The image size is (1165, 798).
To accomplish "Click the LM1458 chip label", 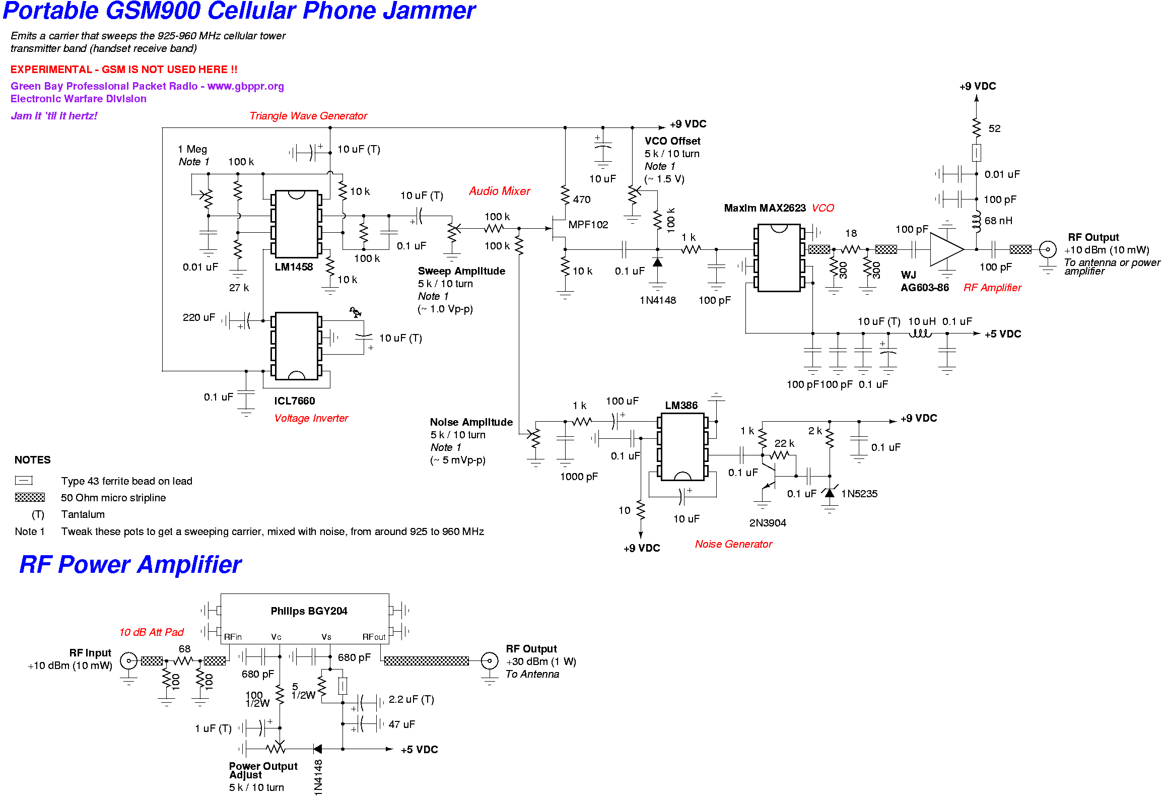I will coord(294,267).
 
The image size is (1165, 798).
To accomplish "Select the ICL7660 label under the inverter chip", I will coord(294,401).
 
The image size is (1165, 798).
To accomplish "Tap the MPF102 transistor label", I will coord(588,225).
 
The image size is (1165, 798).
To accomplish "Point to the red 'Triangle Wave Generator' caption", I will coord(308,116).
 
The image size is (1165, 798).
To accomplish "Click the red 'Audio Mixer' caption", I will coord(499,191).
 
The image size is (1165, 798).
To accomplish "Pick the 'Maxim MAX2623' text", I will coord(765,208).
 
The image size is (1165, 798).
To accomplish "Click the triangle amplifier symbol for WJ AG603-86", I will coord(945,249).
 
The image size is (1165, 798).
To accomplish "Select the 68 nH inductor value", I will coord(998,221).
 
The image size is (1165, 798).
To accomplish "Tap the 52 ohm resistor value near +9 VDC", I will coord(994,128).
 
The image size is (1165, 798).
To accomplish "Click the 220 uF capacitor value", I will coord(198,317).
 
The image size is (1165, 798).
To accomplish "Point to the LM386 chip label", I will coord(681,406).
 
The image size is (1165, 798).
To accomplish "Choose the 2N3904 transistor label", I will coord(767,523).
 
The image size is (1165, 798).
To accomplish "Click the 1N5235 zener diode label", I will coord(859,494).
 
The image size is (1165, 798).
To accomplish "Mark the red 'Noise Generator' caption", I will coord(733,544).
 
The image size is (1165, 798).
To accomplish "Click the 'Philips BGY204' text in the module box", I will coord(309,611).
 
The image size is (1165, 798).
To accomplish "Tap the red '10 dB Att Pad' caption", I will coord(151,632).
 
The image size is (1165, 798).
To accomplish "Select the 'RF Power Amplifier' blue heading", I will coord(130,564).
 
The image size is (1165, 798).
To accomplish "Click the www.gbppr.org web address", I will coord(245,86).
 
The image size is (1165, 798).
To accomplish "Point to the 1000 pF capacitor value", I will coord(578,477).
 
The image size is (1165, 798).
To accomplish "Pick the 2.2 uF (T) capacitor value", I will coord(411,699).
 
